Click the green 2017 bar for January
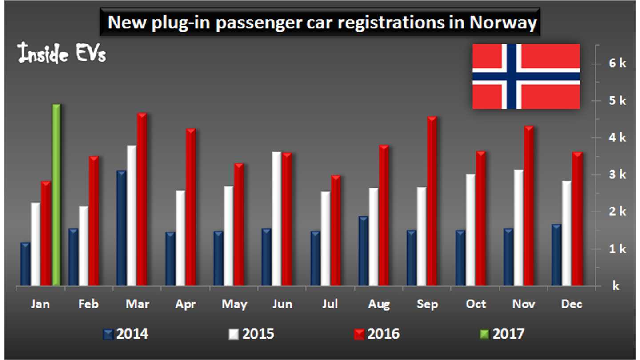coord(56,196)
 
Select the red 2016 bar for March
coord(142,200)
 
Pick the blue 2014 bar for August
coord(363,251)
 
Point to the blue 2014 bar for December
coord(556,255)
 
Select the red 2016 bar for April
coord(190,208)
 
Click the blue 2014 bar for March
coord(121,228)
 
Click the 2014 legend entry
coord(126,333)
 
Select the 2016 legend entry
coord(377,333)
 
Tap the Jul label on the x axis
coord(330,304)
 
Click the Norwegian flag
coord(526,76)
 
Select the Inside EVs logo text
coord(62,54)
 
